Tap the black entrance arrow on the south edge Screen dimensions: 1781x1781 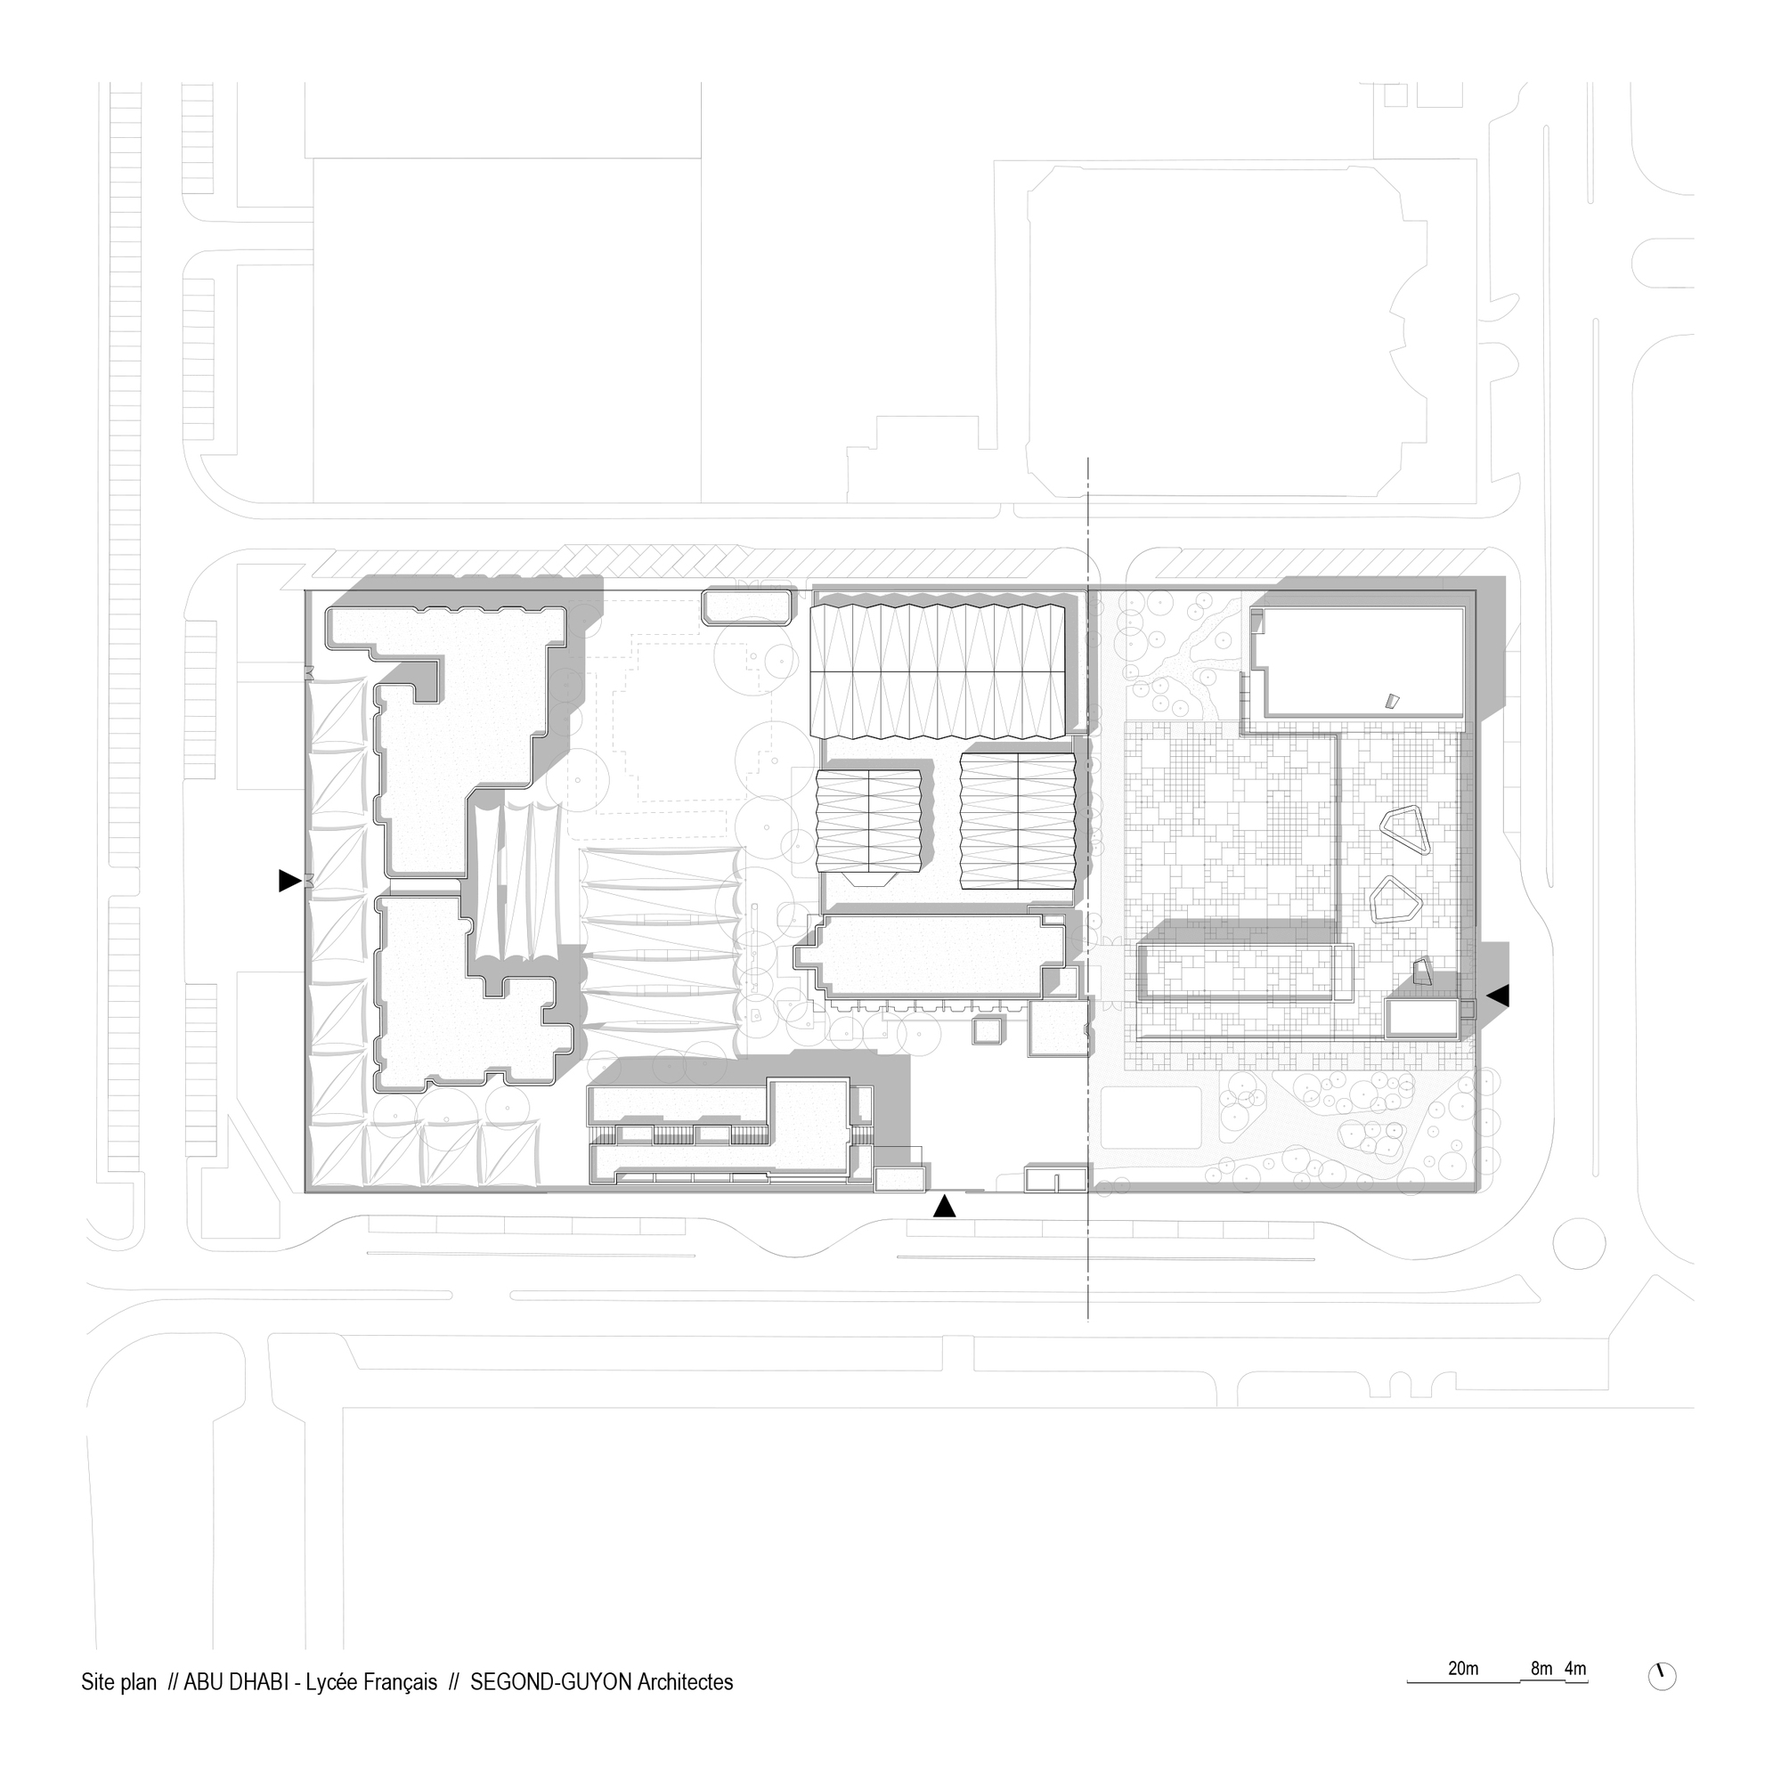[x=944, y=1207]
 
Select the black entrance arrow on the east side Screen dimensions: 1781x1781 [x=1498, y=996]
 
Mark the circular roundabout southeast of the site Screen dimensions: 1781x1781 [x=1579, y=1242]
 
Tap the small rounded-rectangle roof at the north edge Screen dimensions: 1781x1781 [x=747, y=607]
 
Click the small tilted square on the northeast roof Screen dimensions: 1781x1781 [x=1392, y=701]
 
